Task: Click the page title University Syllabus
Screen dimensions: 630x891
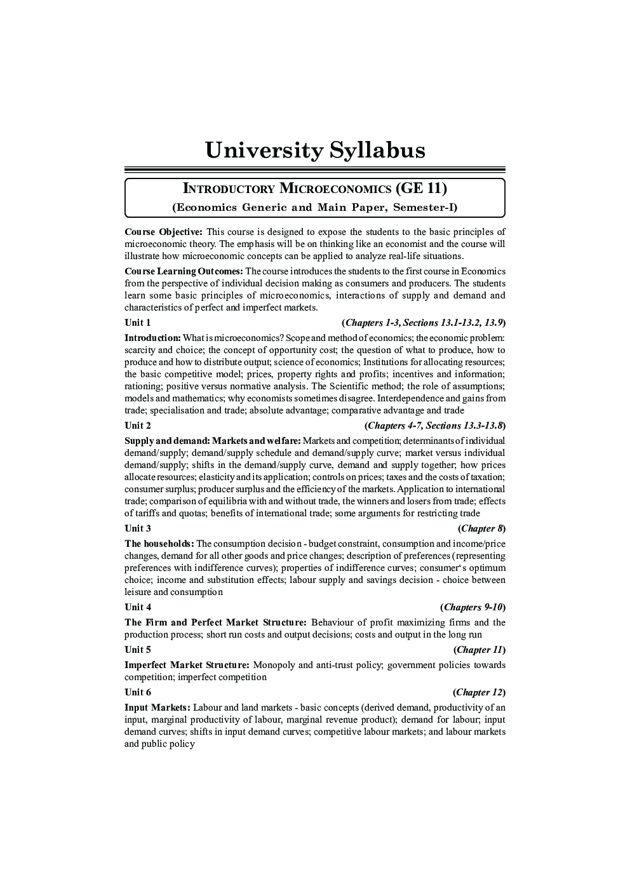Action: point(315,151)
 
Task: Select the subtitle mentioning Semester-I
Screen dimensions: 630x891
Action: point(315,207)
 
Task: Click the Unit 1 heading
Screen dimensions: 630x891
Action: point(138,323)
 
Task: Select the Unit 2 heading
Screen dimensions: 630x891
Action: point(138,425)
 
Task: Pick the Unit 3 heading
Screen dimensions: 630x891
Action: point(138,528)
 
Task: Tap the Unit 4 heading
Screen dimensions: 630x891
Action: point(138,607)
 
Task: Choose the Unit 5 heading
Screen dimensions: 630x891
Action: point(138,650)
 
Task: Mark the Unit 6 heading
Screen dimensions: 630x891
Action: point(138,692)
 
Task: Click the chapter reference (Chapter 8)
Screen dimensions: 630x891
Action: point(482,528)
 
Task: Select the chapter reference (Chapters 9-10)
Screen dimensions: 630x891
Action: point(473,607)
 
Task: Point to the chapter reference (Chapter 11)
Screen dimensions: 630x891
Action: point(479,650)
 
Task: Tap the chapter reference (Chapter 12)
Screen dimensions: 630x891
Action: point(479,692)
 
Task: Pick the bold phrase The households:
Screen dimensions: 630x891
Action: point(159,544)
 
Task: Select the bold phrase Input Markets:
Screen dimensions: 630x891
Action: point(157,707)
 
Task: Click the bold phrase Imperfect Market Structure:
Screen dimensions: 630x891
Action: point(187,665)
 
